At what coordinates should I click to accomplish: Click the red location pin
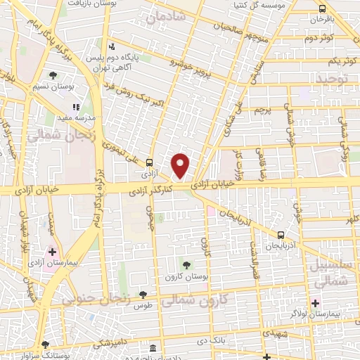[181, 165]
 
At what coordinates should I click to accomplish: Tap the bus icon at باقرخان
[322, 9]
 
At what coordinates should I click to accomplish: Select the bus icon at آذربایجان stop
[281, 235]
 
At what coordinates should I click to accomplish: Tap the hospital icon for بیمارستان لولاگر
[316, 303]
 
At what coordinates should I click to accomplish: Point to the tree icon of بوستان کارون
[186, 264]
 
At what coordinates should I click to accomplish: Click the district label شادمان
[171, 16]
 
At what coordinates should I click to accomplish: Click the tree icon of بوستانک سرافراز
[45, 345]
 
